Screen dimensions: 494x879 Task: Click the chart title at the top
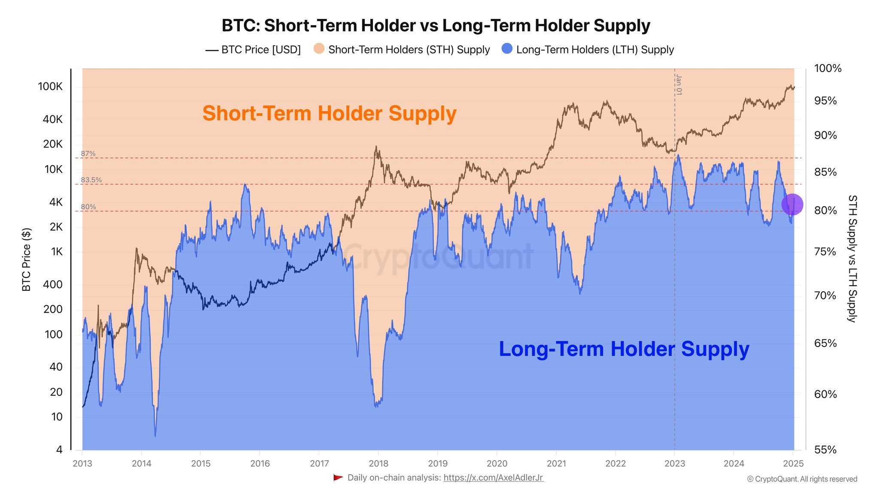436,26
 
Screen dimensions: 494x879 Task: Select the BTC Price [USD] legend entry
253,50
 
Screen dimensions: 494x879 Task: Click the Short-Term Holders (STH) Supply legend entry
402,50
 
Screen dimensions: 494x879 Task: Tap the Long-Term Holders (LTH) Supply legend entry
588,50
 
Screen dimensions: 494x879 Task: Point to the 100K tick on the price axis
50,87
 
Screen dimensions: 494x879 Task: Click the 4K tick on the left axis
56,202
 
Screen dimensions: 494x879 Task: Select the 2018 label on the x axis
379,464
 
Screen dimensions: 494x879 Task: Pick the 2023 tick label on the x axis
675,464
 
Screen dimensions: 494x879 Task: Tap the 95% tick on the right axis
825,101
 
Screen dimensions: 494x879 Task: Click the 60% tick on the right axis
825,395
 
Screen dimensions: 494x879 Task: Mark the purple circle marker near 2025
792,205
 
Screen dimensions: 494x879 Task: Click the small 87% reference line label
88,154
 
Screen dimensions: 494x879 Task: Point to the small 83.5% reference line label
91,180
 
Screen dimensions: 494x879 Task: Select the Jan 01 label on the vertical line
679,84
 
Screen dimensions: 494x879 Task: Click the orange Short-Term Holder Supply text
329,114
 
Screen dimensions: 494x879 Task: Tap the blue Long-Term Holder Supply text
624,349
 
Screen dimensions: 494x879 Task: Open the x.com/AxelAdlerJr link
494,478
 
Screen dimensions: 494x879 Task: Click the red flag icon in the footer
338,478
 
